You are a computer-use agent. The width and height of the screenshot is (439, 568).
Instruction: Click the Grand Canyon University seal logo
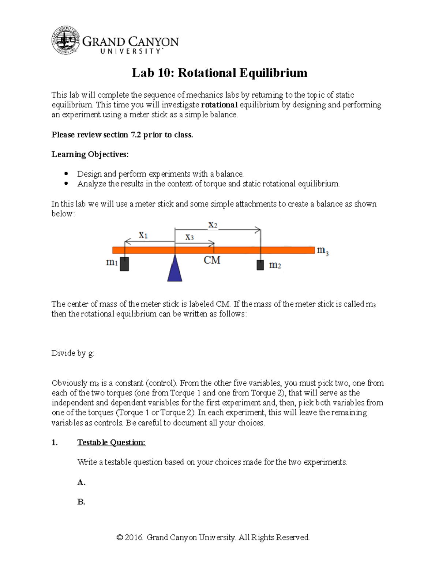65,40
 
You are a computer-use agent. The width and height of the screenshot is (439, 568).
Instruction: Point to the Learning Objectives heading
90,154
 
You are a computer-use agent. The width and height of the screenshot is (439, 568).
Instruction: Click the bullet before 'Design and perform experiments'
66,174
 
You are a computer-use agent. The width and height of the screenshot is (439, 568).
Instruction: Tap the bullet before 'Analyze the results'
66,184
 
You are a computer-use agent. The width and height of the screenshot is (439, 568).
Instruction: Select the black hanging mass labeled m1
124,264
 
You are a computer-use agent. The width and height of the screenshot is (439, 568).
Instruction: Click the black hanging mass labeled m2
260,265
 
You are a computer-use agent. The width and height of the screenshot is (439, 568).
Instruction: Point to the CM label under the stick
212,260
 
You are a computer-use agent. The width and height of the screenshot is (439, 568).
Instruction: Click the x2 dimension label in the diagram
213,225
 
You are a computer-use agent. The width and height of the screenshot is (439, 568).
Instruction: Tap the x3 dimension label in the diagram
189,237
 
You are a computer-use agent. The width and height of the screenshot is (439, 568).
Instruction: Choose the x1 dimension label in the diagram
143,235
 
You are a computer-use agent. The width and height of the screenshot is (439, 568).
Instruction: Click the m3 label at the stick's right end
322,251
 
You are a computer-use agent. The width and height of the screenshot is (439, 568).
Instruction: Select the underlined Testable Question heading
111,443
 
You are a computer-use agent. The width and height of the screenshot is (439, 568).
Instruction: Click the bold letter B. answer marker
81,502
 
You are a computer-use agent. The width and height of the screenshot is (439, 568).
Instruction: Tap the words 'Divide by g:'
73,353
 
